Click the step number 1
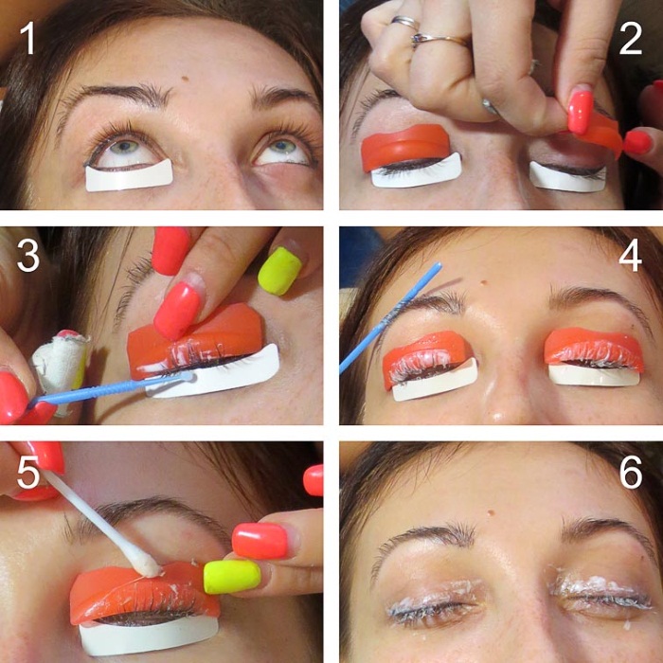pos(28,39)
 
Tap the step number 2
pos(631,39)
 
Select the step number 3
pos(28,256)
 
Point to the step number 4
pos(631,256)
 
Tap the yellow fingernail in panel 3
pos(279,271)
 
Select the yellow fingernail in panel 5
pos(232,577)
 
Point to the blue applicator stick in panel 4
pos(390,317)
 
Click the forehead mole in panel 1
pos(185,79)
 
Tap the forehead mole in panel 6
pos(491,512)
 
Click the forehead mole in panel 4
pos(483,282)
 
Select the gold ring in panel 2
pos(439,40)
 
